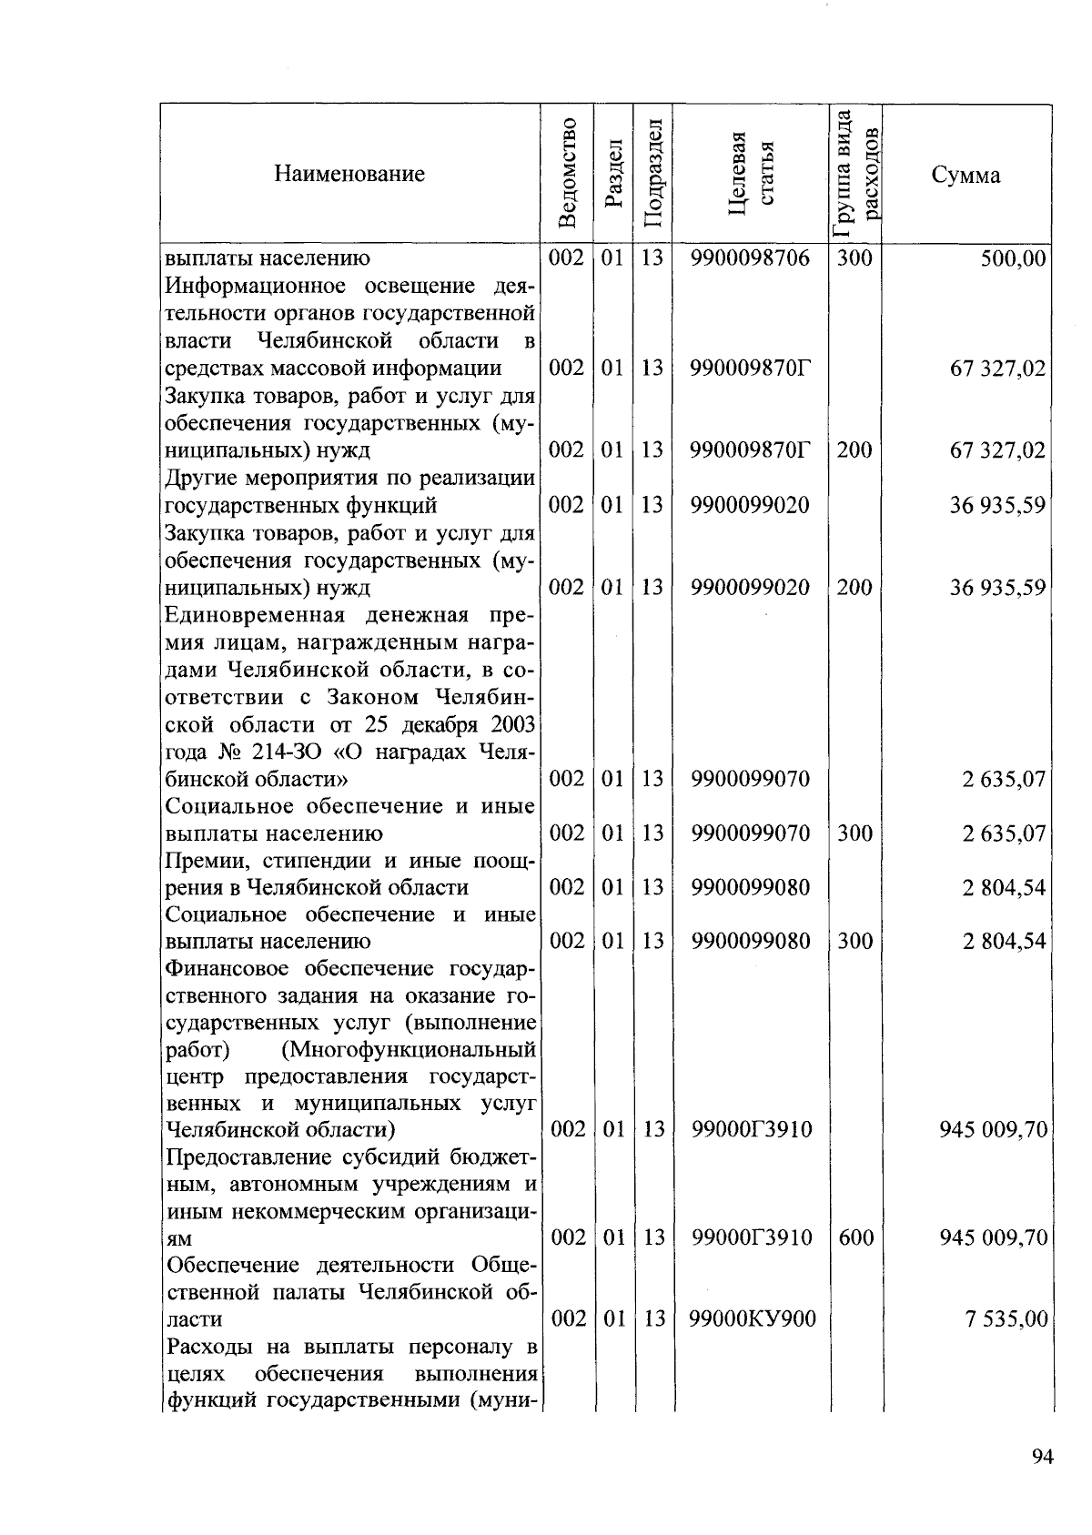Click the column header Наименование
point(349,174)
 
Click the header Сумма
point(966,175)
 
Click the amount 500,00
point(1013,258)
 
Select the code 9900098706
point(750,258)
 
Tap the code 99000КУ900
point(752,1318)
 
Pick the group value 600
point(854,1237)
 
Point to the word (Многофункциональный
point(409,1050)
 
